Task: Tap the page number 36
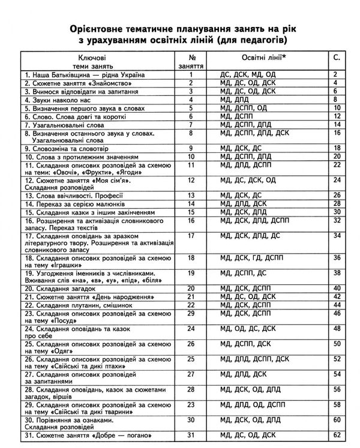tap(336, 258)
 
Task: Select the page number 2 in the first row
tap(336, 74)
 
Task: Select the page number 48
tap(336, 329)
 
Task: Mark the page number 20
tap(336, 155)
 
